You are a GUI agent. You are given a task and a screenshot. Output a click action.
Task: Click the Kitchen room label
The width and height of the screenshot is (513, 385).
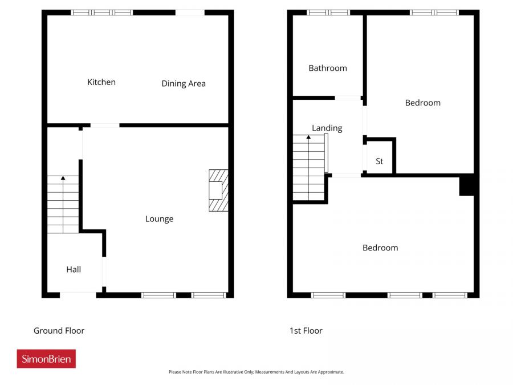[x=101, y=82]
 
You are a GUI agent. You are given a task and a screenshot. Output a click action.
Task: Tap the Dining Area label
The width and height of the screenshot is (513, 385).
[x=184, y=83]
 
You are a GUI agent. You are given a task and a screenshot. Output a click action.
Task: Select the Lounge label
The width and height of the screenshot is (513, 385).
[x=159, y=219]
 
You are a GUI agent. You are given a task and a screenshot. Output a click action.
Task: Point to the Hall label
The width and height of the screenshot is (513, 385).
[x=74, y=269]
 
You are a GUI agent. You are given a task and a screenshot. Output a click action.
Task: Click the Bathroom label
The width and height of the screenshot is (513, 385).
[x=328, y=68]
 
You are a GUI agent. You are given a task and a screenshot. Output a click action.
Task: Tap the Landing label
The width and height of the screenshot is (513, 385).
[x=327, y=128]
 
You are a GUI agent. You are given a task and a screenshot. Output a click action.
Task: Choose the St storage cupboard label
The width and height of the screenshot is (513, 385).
[x=380, y=161]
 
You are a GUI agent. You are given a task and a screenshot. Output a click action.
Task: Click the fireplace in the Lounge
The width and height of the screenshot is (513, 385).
[x=218, y=191]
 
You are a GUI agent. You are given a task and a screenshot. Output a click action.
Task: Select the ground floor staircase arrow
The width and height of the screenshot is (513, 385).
[x=63, y=179]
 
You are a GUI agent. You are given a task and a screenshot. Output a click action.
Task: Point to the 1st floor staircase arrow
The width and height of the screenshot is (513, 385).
[x=308, y=137]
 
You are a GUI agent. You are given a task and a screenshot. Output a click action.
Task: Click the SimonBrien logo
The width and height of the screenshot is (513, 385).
[x=46, y=359]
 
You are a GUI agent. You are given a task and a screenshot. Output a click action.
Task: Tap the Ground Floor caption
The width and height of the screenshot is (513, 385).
[x=59, y=331]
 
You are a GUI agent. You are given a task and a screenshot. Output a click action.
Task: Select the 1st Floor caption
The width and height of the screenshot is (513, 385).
[x=306, y=331]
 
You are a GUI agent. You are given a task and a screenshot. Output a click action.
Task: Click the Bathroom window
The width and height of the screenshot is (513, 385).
[x=328, y=12]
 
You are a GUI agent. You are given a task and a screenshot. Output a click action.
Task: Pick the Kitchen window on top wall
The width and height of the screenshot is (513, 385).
[x=102, y=12]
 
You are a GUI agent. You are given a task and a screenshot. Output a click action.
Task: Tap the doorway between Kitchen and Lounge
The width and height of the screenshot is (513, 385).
[x=105, y=125]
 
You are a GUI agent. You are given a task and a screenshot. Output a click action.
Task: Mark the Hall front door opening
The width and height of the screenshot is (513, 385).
[x=78, y=294]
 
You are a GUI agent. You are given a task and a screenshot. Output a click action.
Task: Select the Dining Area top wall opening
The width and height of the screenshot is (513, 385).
[x=190, y=12]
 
